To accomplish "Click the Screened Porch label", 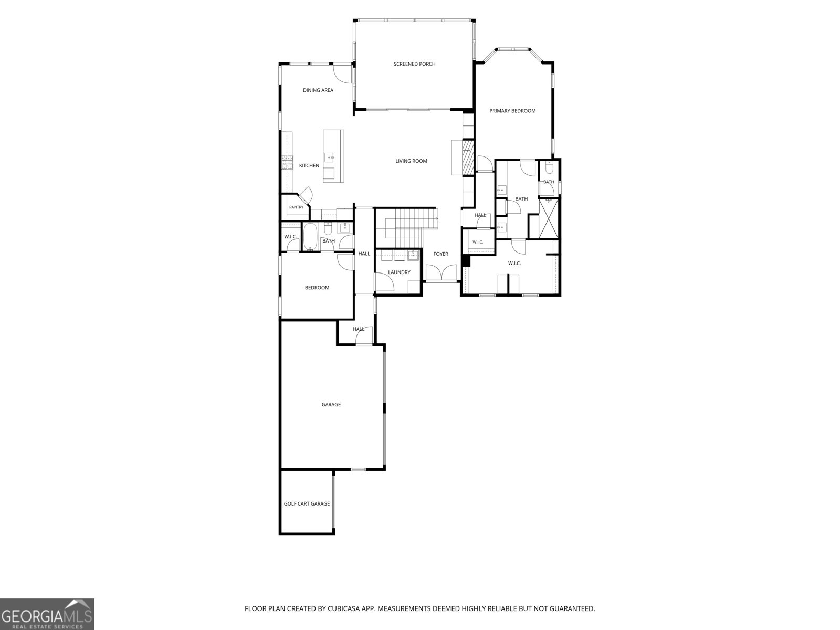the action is [x=414, y=64].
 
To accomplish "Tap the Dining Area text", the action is [x=318, y=90].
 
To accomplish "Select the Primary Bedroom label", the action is [x=512, y=111].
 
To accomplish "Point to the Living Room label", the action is [x=411, y=161].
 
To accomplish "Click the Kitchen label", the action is [x=309, y=165].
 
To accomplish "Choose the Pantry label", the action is [x=296, y=207].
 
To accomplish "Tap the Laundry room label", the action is [x=399, y=272].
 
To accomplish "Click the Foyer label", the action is [x=440, y=254].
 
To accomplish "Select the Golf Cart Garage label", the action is [x=307, y=504].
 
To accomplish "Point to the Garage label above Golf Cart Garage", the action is [x=331, y=404].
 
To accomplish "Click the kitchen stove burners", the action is [x=287, y=162].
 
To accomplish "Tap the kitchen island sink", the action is [x=329, y=157].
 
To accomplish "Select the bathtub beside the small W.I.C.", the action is [x=310, y=237].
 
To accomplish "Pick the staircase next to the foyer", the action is [x=406, y=228].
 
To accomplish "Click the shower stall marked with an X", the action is [x=549, y=219].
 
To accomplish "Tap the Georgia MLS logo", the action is [x=47, y=614].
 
